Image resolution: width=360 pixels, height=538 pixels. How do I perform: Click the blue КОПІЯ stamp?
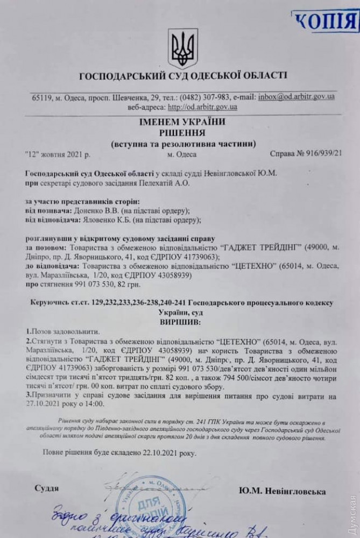coord(325,22)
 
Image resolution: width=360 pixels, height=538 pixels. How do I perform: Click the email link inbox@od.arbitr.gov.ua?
coord(297,97)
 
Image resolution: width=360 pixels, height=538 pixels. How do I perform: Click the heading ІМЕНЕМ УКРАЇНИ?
coord(183,123)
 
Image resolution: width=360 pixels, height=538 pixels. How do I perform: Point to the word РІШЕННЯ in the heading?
coord(182,133)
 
